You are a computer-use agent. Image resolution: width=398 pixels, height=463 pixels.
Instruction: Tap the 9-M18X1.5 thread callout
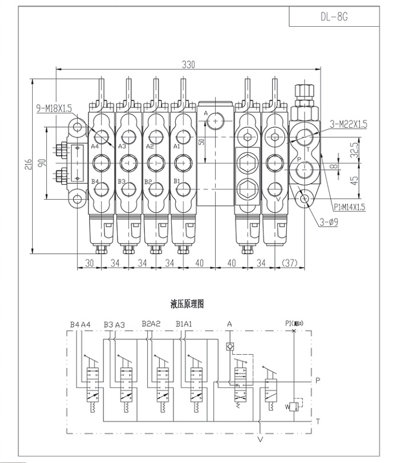coord(54,108)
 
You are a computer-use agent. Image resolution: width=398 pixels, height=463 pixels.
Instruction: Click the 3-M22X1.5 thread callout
coord(348,124)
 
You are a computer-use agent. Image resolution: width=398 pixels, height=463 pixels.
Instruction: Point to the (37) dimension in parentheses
coord(290,262)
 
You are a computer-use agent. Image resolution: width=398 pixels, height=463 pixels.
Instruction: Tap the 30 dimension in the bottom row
coord(90,262)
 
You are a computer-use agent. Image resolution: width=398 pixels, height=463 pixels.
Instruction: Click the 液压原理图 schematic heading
coord(188,304)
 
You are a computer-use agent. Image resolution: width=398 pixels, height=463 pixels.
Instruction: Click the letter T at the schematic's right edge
coord(318,421)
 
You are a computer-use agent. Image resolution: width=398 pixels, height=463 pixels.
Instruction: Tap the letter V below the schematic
coord(260,440)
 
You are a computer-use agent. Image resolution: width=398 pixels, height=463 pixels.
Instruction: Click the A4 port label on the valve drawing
coord(94,146)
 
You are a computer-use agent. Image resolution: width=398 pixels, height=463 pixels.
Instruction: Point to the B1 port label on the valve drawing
coord(176,181)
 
